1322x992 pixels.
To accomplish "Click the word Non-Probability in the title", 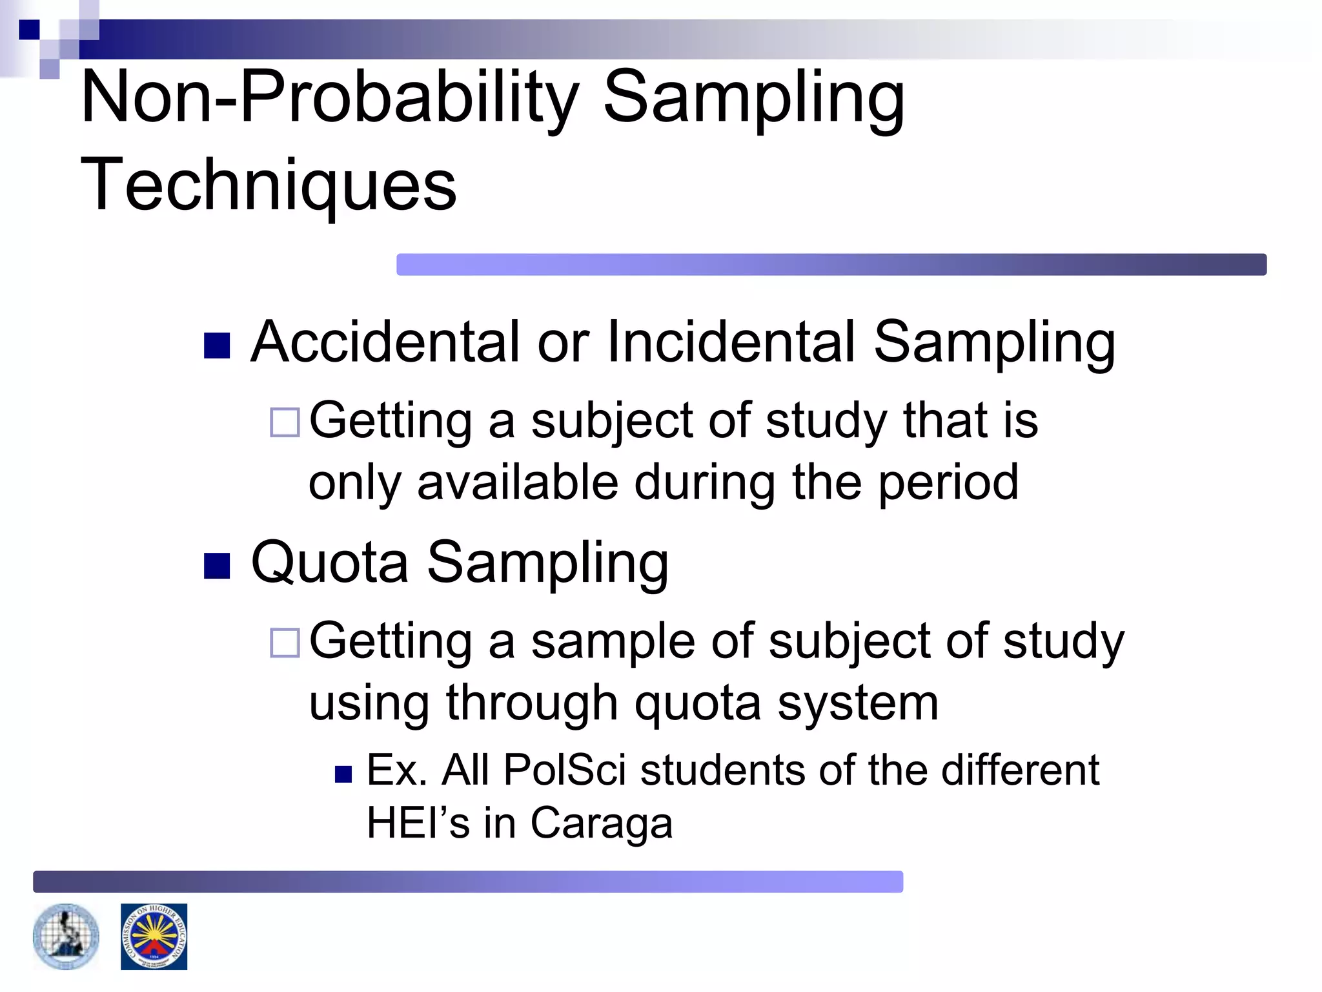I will [329, 98].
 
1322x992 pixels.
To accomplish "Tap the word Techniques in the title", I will [269, 185].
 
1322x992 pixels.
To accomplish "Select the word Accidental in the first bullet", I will [385, 342].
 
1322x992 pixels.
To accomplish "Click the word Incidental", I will [731, 342].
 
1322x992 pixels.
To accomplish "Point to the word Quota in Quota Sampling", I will [329, 562].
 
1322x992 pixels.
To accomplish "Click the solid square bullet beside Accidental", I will [217, 346].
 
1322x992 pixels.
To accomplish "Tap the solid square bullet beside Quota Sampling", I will [217, 566].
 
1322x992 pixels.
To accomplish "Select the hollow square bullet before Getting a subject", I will [285, 423].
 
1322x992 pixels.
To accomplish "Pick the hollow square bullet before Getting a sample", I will [285, 643].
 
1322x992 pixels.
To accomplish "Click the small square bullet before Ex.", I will [343, 774].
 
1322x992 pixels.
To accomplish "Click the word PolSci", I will [565, 770].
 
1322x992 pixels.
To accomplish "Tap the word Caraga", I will [602, 823].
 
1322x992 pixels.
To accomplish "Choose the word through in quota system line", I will [532, 703].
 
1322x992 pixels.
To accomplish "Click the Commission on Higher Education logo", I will [154, 936].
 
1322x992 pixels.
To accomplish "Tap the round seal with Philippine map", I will [66, 936].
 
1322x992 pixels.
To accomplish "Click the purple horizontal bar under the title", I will [831, 265].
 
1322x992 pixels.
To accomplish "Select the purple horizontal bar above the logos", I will [468, 882].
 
